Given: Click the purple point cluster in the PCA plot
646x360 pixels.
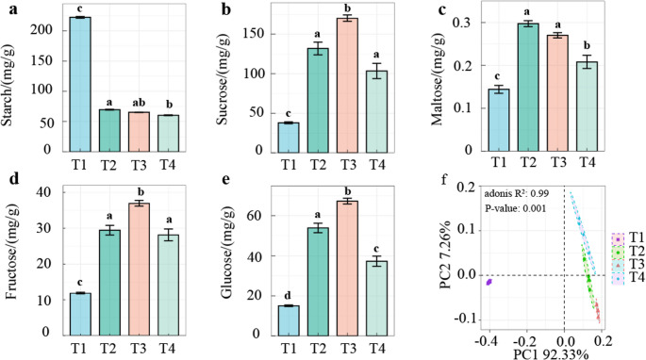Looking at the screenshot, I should click(489, 282).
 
